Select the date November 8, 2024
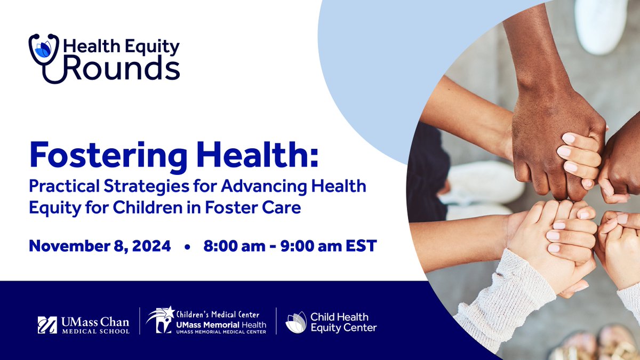pos(100,246)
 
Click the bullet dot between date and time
pos(187,247)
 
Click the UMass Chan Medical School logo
pos(83,325)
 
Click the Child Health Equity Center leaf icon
pos(295,322)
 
